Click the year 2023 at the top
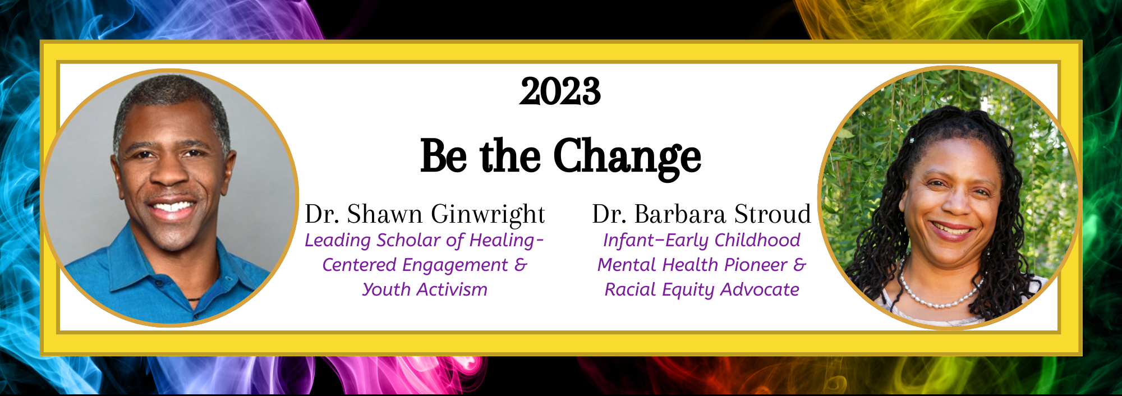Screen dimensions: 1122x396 click(x=560, y=91)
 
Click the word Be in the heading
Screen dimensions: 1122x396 click(x=443, y=155)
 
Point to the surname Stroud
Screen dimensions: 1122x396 click(x=772, y=214)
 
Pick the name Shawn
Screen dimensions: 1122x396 click(x=385, y=214)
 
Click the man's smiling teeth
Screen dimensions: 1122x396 click(x=172, y=210)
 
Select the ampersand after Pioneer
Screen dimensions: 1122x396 click(x=799, y=265)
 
